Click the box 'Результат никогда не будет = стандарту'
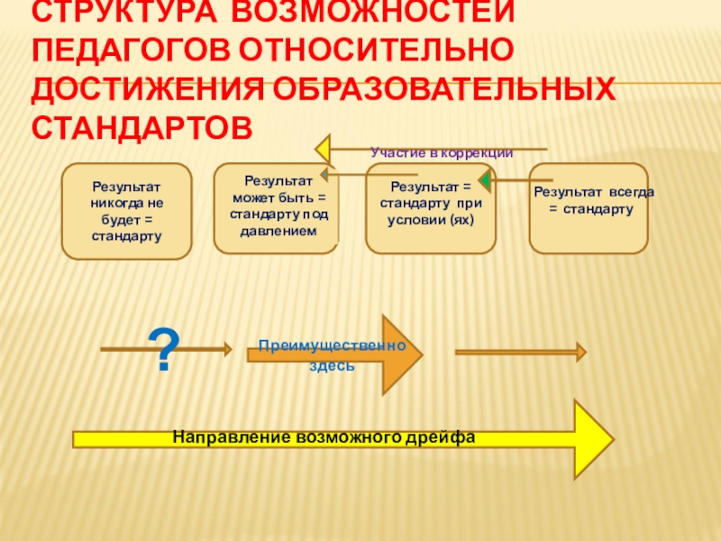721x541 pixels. [x=126, y=210]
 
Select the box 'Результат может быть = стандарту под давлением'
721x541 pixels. [x=276, y=207]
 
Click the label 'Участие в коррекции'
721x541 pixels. [x=442, y=153]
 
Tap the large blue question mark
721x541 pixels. [x=164, y=351]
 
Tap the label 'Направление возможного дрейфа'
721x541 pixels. [x=324, y=437]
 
